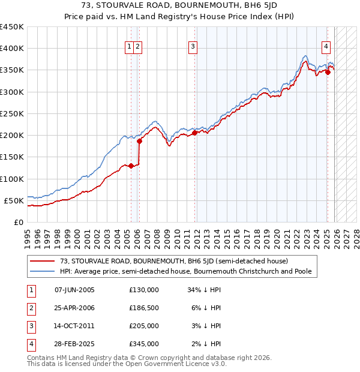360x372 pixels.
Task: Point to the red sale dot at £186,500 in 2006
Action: pyautogui.click(x=139, y=142)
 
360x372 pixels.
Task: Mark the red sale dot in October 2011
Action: pyautogui.click(x=194, y=133)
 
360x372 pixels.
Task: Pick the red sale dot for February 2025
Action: pyautogui.click(x=328, y=72)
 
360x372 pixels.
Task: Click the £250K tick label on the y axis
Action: pyautogui.click(x=11, y=113)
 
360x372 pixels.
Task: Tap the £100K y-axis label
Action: pyautogui.click(x=11, y=179)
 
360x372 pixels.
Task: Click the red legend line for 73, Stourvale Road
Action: pyautogui.click(x=41, y=261)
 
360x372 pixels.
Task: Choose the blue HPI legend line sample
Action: pyautogui.click(x=41, y=271)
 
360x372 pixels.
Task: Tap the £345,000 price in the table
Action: pyautogui.click(x=143, y=344)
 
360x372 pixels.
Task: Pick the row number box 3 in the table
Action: pyautogui.click(x=29, y=326)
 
